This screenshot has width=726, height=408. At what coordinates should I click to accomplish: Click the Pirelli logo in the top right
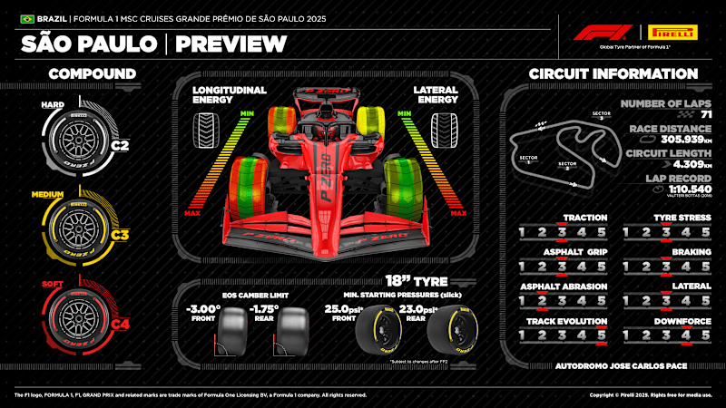[672, 33]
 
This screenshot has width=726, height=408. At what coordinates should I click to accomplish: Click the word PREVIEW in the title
[231, 44]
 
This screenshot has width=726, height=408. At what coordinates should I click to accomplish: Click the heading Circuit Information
[613, 73]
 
